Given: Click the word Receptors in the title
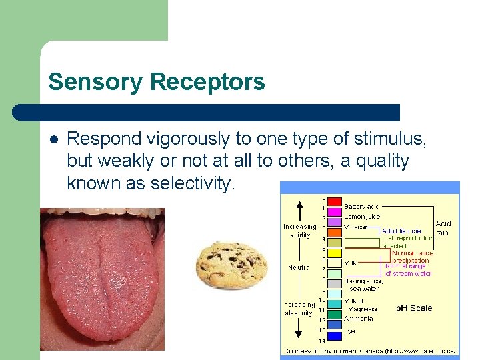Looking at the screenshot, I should tap(207, 82).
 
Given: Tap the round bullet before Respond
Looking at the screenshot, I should tap(53, 139).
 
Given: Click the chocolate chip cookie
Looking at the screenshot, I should tap(231, 264).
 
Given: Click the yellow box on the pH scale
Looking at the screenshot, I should tap(335, 253).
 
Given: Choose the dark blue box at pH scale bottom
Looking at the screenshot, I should tap(335, 324).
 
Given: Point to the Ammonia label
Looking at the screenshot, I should tap(359, 319).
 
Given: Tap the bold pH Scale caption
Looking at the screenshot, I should tap(413, 309).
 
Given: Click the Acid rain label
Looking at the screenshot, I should tap(443, 228).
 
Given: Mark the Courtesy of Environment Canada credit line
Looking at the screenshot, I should tap(370, 351).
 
